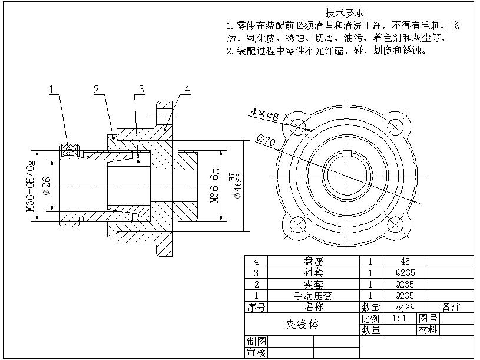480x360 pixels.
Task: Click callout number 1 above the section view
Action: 52,90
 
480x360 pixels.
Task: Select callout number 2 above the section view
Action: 96,90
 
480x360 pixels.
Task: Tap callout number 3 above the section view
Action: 141,90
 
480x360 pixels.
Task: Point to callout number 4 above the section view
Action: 187,90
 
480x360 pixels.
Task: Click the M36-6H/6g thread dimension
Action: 30,186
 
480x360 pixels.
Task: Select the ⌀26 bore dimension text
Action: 47,186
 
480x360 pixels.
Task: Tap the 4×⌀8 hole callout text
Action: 264,114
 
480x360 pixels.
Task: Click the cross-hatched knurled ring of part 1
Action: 70,150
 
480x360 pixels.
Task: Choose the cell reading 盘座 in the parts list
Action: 313,261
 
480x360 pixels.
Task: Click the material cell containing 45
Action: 404,261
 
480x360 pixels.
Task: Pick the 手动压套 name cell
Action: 313,295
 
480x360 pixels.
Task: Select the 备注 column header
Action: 451,307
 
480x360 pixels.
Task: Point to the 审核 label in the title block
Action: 256,353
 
